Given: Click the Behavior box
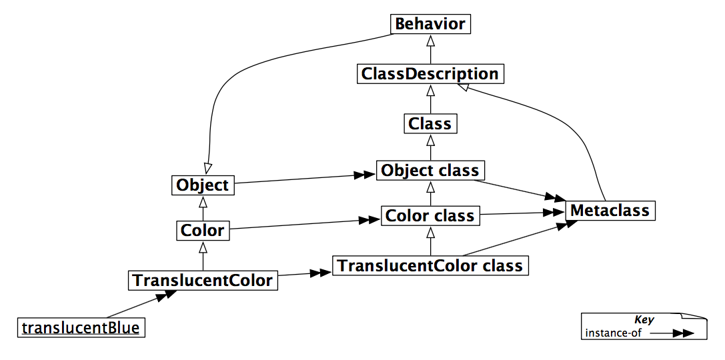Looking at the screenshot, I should point(430,24).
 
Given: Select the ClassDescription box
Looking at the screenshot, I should point(430,73).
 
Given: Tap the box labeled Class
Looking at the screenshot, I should point(430,123).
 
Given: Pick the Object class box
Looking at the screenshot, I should point(430,171).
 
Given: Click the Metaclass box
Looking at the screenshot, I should point(610,211).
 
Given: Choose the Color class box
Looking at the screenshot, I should point(430,216).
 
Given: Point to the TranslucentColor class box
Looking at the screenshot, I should point(430,265).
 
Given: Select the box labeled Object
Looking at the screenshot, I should point(203,185).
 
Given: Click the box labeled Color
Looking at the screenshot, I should point(203,231).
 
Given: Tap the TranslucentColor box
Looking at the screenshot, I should point(203,280).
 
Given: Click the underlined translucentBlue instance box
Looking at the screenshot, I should point(81,327).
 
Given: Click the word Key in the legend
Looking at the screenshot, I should point(644,320).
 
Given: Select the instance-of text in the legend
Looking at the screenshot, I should point(613,333).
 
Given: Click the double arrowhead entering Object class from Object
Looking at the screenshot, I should point(364,175).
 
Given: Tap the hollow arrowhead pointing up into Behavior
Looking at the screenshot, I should point(430,39).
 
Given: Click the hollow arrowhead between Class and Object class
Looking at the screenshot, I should point(430,141).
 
